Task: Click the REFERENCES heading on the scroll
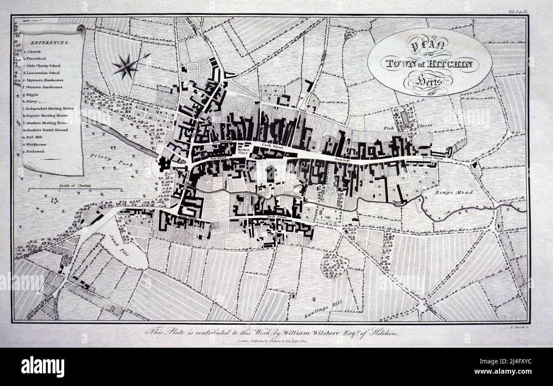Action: click(x=50, y=43)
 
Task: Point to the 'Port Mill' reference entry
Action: click(x=36, y=137)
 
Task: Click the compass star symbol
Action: click(x=125, y=67)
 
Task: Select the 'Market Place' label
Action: click(x=244, y=152)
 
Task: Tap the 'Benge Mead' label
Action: click(x=453, y=192)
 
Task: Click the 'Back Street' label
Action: click(x=276, y=217)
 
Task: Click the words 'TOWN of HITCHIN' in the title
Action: click(x=431, y=64)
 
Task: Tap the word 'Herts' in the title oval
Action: click(x=430, y=80)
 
